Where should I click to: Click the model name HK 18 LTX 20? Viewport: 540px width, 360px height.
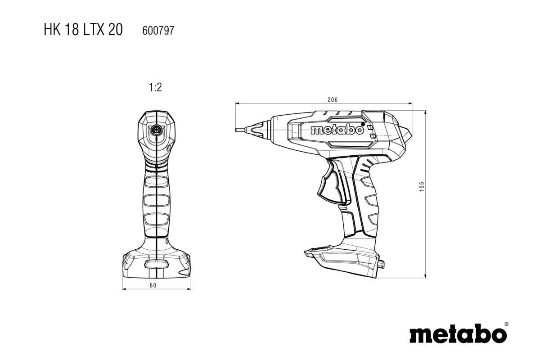[82, 30]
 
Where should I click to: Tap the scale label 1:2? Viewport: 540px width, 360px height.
[155, 87]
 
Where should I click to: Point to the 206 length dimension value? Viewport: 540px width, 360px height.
[333, 99]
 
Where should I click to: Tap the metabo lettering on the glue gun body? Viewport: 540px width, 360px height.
[337, 130]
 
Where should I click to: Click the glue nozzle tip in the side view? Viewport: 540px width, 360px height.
[238, 130]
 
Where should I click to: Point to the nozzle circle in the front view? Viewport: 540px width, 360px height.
[157, 129]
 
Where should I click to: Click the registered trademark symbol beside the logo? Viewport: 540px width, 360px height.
[506, 324]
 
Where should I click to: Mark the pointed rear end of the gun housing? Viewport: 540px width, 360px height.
[409, 134]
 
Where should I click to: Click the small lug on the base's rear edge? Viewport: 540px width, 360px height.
[382, 263]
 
